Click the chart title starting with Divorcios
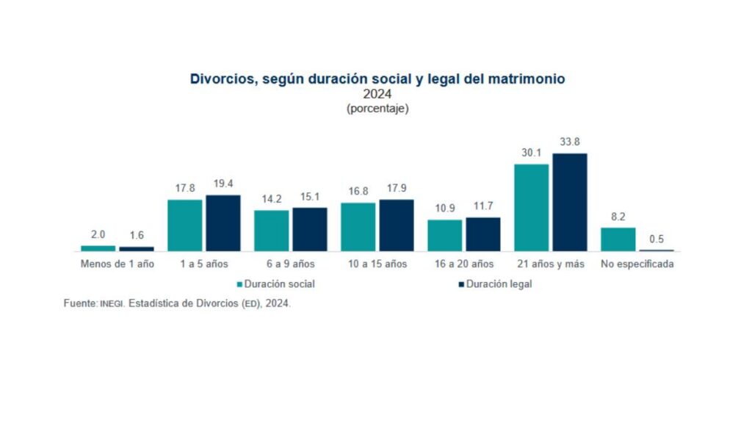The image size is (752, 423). point(377,79)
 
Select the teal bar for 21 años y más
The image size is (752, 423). point(531,207)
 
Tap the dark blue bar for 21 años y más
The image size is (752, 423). point(570,202)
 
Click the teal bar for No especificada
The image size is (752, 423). point(618,239)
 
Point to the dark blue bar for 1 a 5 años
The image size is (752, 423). point(223,223)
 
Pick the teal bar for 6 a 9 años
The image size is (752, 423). point(271,231)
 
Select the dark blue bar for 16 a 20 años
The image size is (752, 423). point(482,234)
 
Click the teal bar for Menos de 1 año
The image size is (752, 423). point(98,248)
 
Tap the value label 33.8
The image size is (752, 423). point(570,142)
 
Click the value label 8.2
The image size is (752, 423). point(618,217)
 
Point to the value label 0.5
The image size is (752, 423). point(657,239)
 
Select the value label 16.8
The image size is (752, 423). point(358,191)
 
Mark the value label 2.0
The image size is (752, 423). point(98,235)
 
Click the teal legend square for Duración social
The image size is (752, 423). point(239,284)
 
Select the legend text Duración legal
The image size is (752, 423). point(499,284)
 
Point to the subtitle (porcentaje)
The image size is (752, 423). point(377,109)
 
